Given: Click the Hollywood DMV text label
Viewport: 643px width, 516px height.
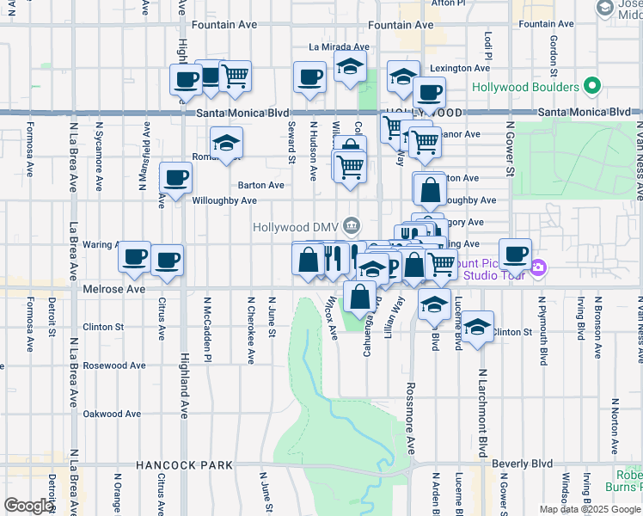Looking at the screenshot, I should [x=297, y=227].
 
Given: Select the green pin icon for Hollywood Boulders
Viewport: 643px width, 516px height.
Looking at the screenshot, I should [x=591, y=87].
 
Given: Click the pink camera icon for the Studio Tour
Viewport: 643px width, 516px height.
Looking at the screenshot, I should [x=538, y=267].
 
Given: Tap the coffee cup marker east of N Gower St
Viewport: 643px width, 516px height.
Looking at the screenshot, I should [x=515, y=254].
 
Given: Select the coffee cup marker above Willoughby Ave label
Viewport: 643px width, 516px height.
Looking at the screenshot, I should [x=175, y=178].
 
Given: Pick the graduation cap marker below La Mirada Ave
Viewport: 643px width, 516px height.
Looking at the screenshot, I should [x=350, y=69].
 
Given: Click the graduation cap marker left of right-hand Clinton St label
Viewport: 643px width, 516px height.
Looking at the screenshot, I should [x=478, y=327].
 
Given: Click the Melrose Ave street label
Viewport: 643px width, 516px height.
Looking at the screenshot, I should [x=114, y=290].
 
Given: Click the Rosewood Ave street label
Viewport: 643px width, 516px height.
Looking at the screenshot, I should [x=112, y=365].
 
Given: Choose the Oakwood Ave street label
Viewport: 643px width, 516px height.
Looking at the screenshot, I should [x=112, y=414].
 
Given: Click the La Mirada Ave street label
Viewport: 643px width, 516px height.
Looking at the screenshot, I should [x=339, y=47].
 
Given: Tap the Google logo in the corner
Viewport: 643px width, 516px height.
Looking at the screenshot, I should [x=28, y=506].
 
